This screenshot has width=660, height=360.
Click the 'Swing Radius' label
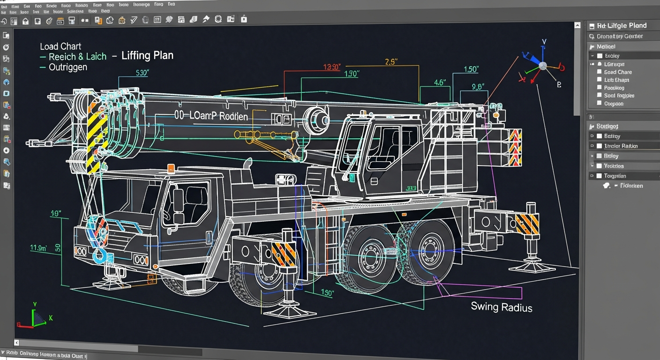pos(502,307)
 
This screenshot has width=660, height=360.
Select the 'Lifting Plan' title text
pos(147,55)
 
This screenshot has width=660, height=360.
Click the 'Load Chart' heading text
pos(60,46)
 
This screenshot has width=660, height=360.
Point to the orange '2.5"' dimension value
pos(392,62)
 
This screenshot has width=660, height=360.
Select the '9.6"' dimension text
pos(478,87)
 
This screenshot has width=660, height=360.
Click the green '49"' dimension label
pos(56,214)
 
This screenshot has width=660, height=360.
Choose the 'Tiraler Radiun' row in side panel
pos(621,146)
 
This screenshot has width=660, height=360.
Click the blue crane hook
pos(99,255)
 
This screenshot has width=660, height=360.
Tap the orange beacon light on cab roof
pos(171,167)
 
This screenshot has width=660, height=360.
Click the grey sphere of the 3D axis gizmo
pos(542,66)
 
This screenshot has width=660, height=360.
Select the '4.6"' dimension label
pos(440,82)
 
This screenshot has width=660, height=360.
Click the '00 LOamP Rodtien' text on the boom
pos(211,116)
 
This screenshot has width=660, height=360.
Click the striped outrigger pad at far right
pos(527,224)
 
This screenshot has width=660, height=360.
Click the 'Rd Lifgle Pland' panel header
pos(622,25)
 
